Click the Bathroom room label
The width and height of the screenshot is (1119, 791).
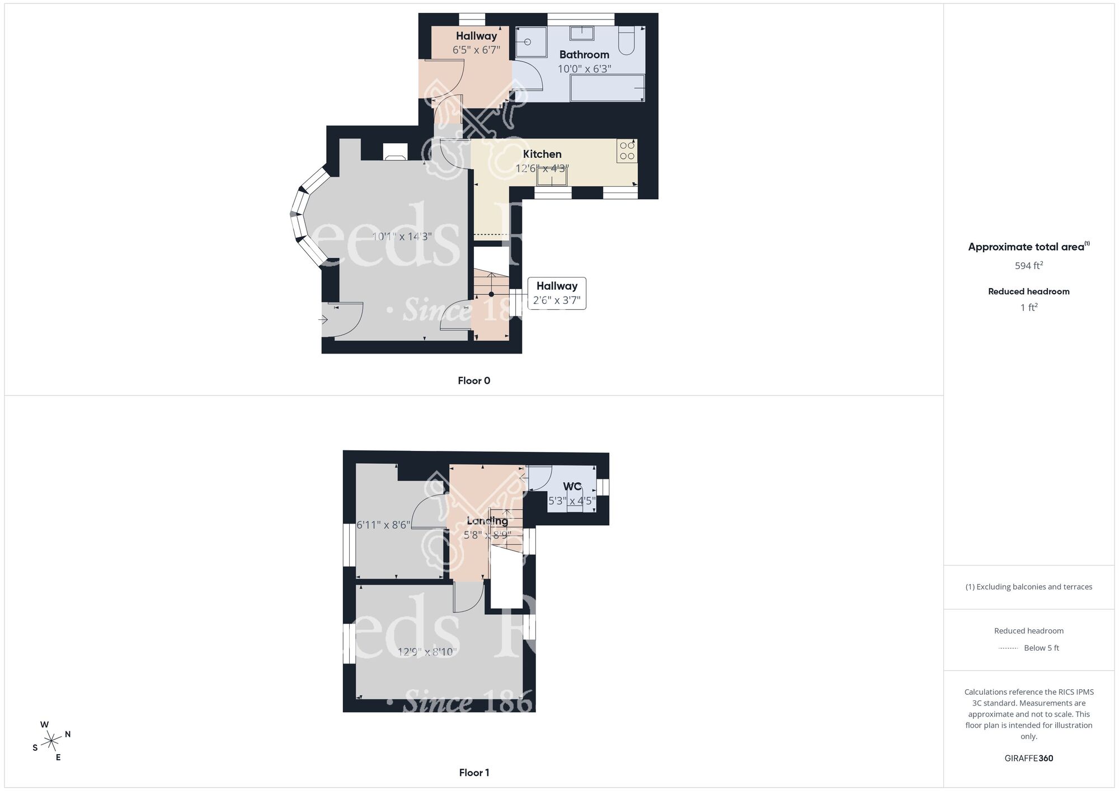[x=584, y=55]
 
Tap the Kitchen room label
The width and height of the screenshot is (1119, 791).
[x=542, y=154]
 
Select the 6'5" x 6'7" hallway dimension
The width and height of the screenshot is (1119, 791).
[x=476, y=50]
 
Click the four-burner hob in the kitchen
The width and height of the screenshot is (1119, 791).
[x=627, y=151]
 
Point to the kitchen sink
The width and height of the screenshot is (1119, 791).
[x=552, y=176]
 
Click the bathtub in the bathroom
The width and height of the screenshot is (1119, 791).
[x=607, y=89]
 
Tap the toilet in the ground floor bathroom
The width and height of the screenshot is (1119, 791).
[x=626, y=41]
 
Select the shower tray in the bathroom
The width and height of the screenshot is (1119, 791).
[x=530, y=42]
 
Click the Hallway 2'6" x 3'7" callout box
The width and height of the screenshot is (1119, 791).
[x=557, y=293]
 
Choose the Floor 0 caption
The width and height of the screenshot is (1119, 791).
[x=474, y=381]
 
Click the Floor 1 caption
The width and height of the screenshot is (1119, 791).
[x=474, y=773]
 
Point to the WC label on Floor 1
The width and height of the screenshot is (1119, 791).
[x=572, y=487]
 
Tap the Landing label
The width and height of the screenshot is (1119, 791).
[x=487, y=521]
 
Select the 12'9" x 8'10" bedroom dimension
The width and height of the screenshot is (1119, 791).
[x=427, y=652]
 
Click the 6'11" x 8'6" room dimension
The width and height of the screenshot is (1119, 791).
[x=383, y=525]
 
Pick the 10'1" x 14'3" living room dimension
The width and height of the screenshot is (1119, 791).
[x=402, y=237]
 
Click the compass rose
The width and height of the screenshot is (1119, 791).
[x=51, y=741]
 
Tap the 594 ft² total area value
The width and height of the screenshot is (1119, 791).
[x=1028, y=266]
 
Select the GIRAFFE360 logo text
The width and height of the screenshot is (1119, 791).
[x=1028, y=759]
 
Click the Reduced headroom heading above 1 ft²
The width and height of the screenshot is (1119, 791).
[x=1028, y=291]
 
